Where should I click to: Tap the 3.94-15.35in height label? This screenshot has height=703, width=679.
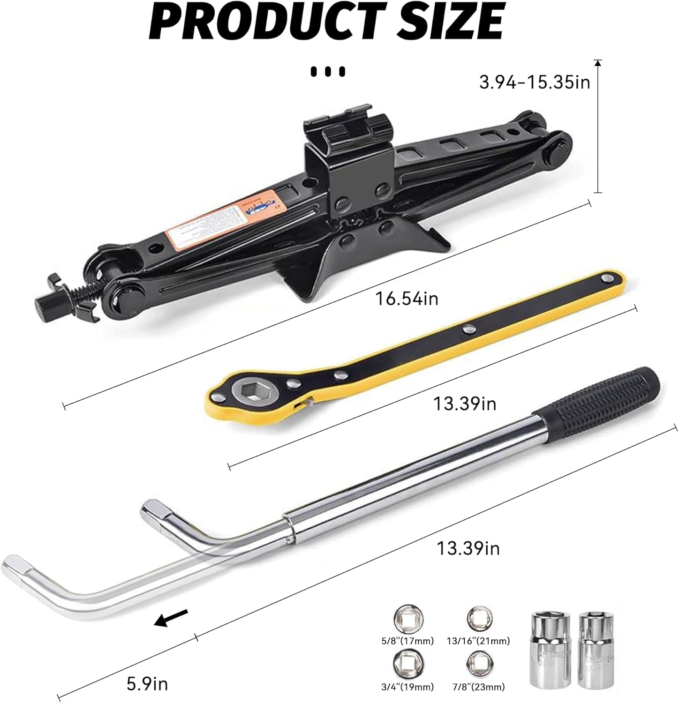[528, 83]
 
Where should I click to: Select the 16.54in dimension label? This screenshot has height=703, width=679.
[407, 298]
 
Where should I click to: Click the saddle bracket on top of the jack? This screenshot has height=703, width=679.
[349, 124]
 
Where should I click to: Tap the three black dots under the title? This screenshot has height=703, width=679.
[328, 72]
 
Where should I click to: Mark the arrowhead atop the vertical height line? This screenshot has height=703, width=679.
[597, 63]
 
